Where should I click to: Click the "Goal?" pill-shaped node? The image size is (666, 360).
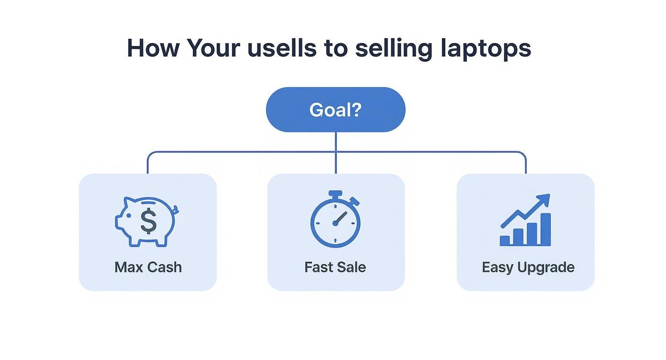coord(335,110)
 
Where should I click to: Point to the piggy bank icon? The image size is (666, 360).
coord(146,221)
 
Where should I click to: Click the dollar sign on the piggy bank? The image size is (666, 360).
coord(148,221)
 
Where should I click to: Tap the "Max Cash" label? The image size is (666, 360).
coord(148,267)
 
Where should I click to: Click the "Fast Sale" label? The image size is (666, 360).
coord(335,267)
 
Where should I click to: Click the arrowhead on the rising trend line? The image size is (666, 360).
coord(544,200)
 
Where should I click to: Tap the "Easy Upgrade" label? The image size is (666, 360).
coord(528,267)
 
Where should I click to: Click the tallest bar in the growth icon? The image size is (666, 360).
coord(545,229)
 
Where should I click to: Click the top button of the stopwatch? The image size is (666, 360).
coord(336,194)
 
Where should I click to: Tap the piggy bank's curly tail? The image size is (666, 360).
coord(176,209)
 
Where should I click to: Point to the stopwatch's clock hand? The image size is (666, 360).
coord(340,218)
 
